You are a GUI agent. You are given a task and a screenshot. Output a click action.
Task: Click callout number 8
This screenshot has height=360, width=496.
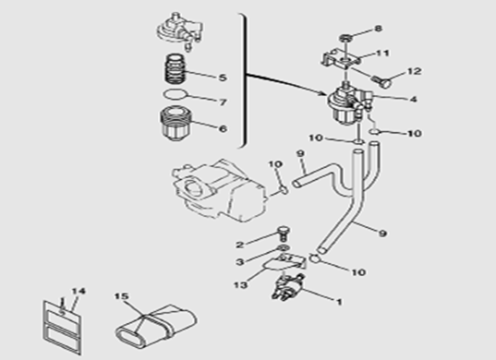click(x=378, y=29)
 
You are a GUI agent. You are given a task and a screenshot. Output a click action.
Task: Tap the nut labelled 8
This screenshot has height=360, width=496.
click(x=346, y=39)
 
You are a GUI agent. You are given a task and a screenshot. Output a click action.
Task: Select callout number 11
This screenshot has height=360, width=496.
click(x=382, y=54)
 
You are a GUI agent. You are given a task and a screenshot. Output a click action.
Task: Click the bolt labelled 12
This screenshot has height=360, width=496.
click(x=382, y=81)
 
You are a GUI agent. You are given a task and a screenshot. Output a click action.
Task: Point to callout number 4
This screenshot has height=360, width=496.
click(x=413, y=100)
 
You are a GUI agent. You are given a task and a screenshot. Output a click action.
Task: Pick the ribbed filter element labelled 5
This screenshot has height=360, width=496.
click(x=175, y=69)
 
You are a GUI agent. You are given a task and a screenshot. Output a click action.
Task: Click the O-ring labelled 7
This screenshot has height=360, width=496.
click(x=175, y=94)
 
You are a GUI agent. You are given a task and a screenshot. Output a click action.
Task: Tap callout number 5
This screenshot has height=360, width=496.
click(x=223, y=78)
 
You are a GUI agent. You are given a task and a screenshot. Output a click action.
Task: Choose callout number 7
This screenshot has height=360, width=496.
click(x=223, y=102)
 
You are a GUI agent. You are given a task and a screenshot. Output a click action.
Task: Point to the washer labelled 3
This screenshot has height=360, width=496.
click(x=284, y=247)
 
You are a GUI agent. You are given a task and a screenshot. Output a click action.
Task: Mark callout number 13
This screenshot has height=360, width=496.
click(x=240, y=285)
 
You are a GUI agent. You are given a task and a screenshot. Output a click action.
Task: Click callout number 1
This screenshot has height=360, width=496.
click(x=339, y=302)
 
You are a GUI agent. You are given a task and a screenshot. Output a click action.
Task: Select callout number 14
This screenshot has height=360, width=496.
click(x=79, y=291)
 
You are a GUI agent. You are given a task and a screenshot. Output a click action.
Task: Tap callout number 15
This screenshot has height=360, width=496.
click(x=122, y=296)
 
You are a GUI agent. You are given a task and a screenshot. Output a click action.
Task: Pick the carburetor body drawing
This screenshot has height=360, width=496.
click(x=218, y=189)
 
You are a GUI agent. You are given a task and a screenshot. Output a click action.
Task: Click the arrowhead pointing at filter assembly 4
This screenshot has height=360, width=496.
click(x=323, y=93)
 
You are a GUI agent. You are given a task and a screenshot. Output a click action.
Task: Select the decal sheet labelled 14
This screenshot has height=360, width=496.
click(x=62, y=327)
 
